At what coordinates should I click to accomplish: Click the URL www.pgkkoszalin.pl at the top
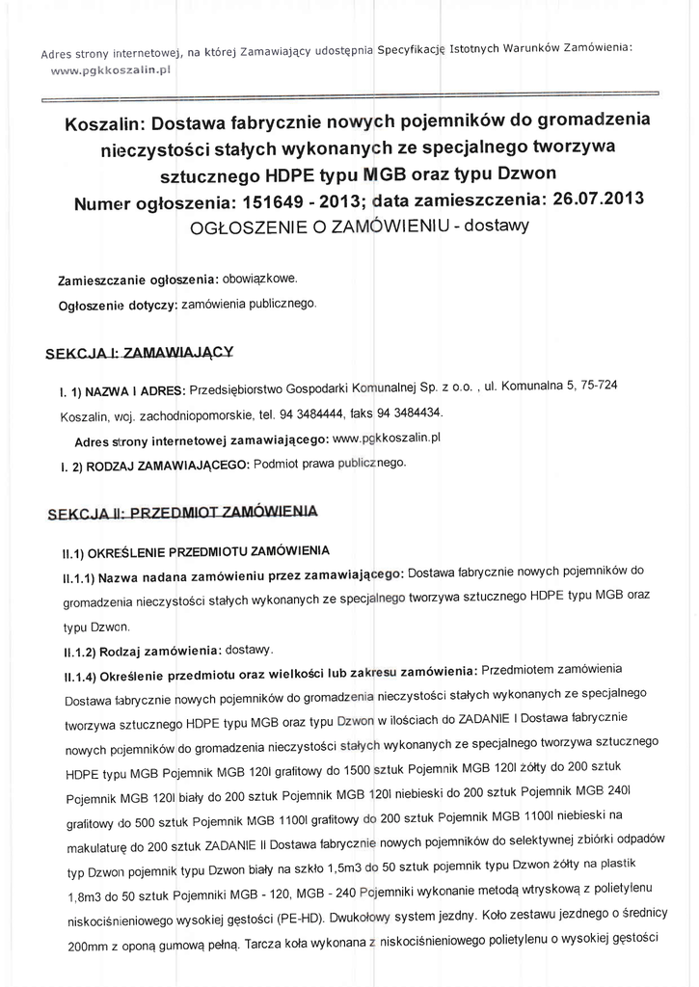click(110, 70)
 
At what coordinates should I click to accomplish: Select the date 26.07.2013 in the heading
click(587, 199)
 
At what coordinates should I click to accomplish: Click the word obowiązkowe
click(259, 279)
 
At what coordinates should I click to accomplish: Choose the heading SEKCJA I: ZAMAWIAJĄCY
click(140, 353)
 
